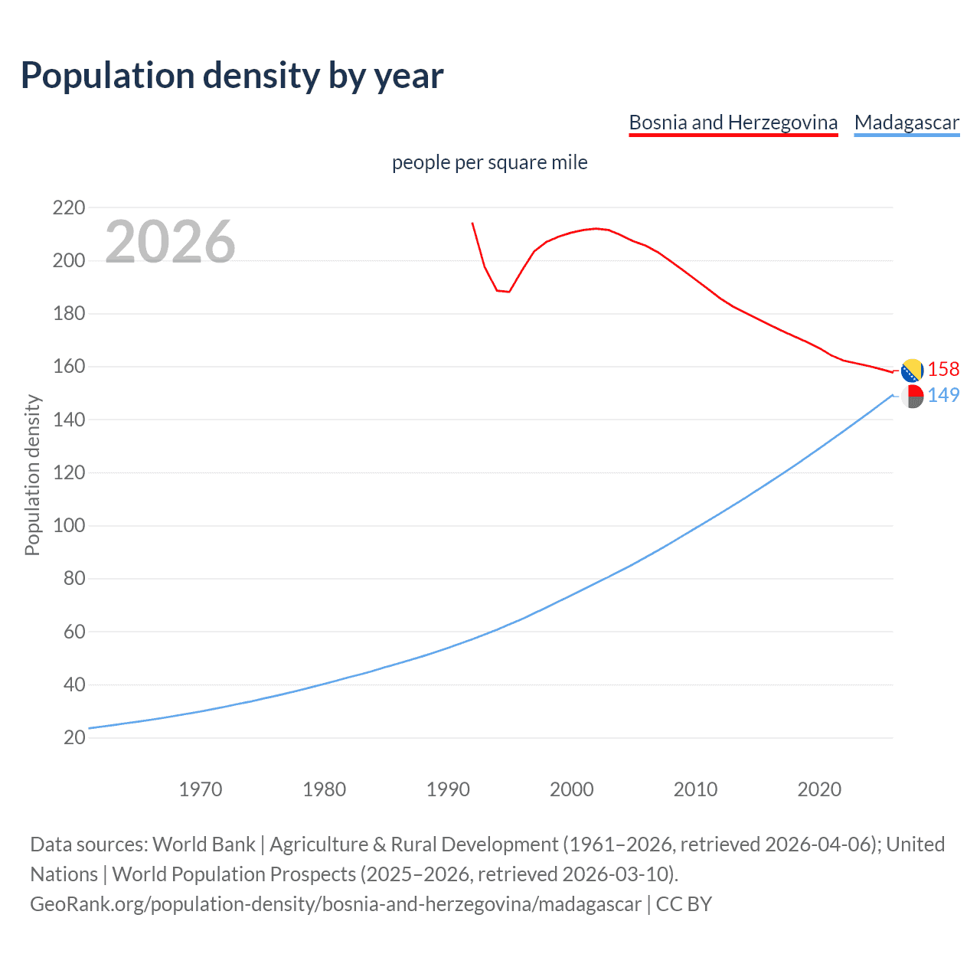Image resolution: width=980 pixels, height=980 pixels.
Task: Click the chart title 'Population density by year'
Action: click(232, 76)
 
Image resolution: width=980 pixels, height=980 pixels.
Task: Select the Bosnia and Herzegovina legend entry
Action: click(733, 122)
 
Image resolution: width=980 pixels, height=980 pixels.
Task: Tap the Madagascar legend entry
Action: click(906, 122)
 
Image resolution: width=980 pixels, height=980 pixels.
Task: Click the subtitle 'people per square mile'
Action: click(489, 163)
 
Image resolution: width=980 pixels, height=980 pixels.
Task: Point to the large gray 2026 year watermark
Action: click(170, 242)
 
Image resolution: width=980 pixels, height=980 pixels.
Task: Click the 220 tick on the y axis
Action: click(69, 207)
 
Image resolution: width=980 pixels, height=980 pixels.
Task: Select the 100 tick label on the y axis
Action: click(69, 526)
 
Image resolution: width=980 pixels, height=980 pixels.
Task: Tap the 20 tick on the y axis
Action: click(73, 738)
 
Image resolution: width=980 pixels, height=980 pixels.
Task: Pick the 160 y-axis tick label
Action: click(69, 367)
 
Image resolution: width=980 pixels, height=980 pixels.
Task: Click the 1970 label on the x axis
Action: click(201, 789)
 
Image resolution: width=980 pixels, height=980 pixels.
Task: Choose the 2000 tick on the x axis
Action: click(571, 789)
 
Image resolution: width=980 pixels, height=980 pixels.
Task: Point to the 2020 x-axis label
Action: click(819, 789)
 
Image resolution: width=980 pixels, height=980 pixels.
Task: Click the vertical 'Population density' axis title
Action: click(32, 475)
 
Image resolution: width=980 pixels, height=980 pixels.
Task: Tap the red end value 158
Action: click(943, 370)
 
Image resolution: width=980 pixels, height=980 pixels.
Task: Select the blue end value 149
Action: click(943, 395)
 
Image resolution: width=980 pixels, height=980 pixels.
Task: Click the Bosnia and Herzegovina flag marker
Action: click(912, 371)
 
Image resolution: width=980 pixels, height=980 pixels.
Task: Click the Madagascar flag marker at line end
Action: click(912, 397)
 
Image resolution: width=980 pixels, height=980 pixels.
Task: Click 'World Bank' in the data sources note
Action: click(204, 844)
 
